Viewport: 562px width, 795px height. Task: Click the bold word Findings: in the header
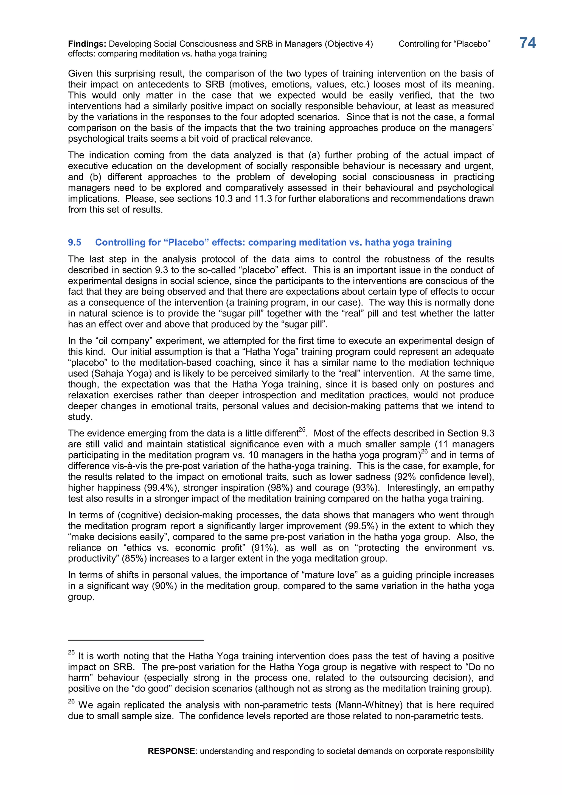(87, 44)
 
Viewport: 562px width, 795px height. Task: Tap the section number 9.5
(74, 242)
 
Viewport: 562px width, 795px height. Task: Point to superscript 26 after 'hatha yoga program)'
(424, 452)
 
